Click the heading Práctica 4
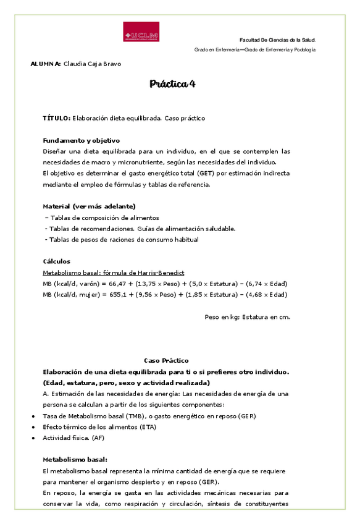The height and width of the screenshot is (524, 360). coord(172,84)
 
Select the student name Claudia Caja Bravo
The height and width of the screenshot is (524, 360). coord(93,64)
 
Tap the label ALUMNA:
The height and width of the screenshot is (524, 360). coord(45,64)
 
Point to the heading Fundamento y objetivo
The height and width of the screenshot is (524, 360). coord(81,140)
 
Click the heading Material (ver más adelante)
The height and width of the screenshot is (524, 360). coord(89,206)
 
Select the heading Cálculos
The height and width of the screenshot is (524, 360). coord(56,261)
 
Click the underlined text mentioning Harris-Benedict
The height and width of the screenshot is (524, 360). coord(114,273)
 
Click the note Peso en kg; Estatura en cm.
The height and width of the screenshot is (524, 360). coord(247,317)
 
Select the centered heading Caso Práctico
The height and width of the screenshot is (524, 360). coord(166,360)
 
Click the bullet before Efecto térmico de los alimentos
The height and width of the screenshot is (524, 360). coord(33,427)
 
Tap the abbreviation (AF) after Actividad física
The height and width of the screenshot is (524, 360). coord(98,438)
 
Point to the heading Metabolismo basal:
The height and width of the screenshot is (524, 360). coord(75,460)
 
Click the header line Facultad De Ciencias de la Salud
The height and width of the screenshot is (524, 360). coord(277,40)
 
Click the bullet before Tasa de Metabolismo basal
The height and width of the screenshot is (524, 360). coord(33,416)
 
